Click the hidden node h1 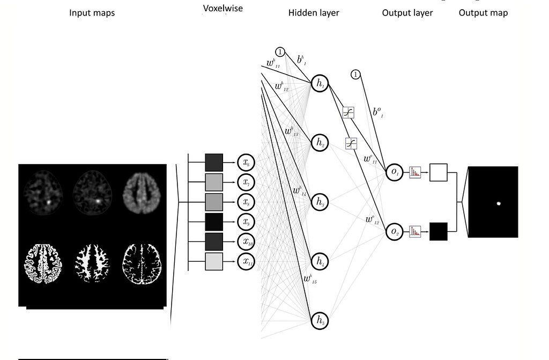point(320,83)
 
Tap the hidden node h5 point(320,321)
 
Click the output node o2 point(394,232)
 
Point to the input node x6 point(246,163)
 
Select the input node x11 point(246,261)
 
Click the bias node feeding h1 point(280,52)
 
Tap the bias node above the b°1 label point(356,75)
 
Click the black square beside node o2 point(439,232)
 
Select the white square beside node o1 point(439,172)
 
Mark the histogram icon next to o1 point(416,172)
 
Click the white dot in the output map point(499,203)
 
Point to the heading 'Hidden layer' point(314,12)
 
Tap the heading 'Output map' point(483,12)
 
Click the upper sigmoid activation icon point(348,113)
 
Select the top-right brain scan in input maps point(139,192)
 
